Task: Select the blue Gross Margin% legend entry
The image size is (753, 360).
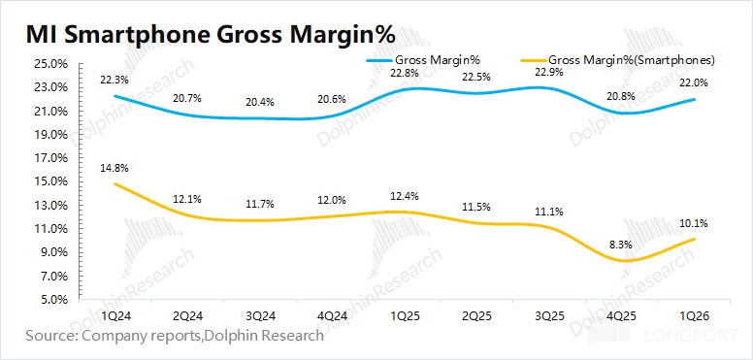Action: [x=424, y=60]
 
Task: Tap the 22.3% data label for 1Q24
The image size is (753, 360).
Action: [x=115, y=81]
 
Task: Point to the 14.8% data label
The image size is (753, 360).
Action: [x=115, y=168]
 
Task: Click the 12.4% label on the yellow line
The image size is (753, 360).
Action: [x=405, y=196]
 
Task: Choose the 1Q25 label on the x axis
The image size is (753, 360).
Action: [x=405, y=316]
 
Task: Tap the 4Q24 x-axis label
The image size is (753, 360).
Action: [x=332, y=316]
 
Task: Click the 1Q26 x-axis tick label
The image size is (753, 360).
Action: [x=694, y=316]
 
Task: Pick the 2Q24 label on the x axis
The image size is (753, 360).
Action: [x=187, y=316]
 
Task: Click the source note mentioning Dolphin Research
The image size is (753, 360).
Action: [x=175, y=336]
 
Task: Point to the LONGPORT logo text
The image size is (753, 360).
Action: [x=694, y=335]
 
